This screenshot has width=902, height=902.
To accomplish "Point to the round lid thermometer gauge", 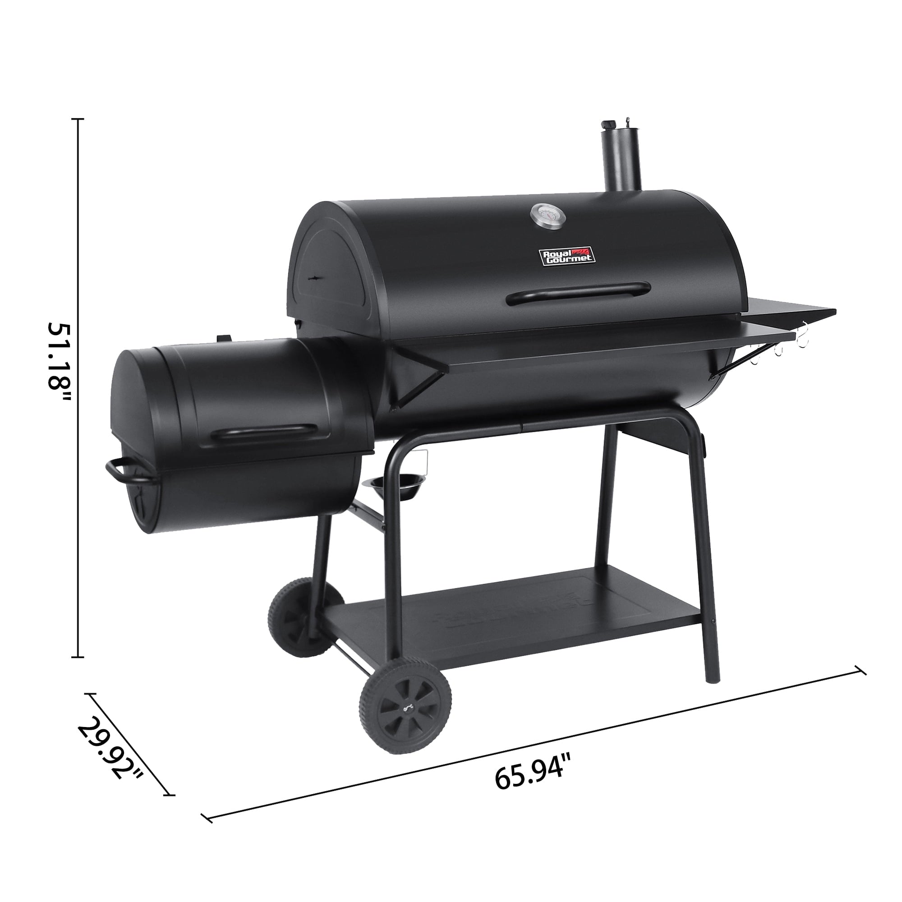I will [547, 217].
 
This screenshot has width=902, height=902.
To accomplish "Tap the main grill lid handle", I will [579, 293].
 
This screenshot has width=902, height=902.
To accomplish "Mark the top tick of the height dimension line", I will [78, 120].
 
